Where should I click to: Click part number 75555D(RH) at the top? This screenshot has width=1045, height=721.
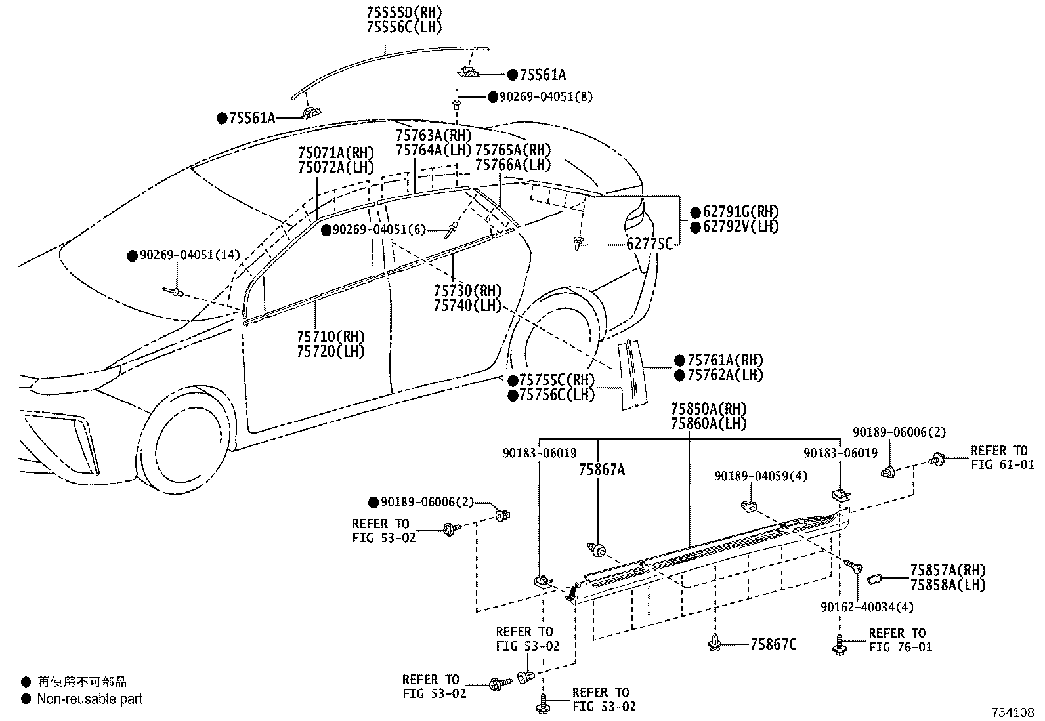click(x=404, y=12)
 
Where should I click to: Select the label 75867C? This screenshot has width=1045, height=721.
click(x=773, y=644)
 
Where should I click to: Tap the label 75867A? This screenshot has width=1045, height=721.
click(x=602, y=470)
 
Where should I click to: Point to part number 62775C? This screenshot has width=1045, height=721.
click(x=649, y=244)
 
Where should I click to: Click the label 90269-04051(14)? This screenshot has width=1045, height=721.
click(x=190, y=255)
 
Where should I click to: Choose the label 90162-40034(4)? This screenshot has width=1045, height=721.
click(x=867, y=607)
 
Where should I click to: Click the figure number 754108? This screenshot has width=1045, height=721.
click(x=1013, y=712)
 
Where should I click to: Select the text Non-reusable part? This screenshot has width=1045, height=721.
click(x=89, y=699)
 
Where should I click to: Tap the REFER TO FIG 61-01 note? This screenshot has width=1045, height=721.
click(x=1002, y=457)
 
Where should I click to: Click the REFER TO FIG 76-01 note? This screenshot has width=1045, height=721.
click(x=901, y=640)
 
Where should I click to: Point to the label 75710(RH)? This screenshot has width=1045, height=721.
click(x=331, y=337)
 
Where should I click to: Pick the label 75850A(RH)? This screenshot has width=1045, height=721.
click(x=709, y=409)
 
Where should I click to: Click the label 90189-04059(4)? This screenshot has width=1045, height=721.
click(x=761, y=476)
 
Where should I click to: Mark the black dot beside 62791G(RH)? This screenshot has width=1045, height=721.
click(x=696, y=213)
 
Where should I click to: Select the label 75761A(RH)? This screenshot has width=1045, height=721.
click(x=725, y=360)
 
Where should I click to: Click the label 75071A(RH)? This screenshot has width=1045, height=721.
click(x=336, y=152)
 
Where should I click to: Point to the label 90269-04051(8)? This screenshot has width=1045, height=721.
click(x=546, y=96)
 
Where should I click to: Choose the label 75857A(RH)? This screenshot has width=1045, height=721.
click(x=948, y=570)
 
